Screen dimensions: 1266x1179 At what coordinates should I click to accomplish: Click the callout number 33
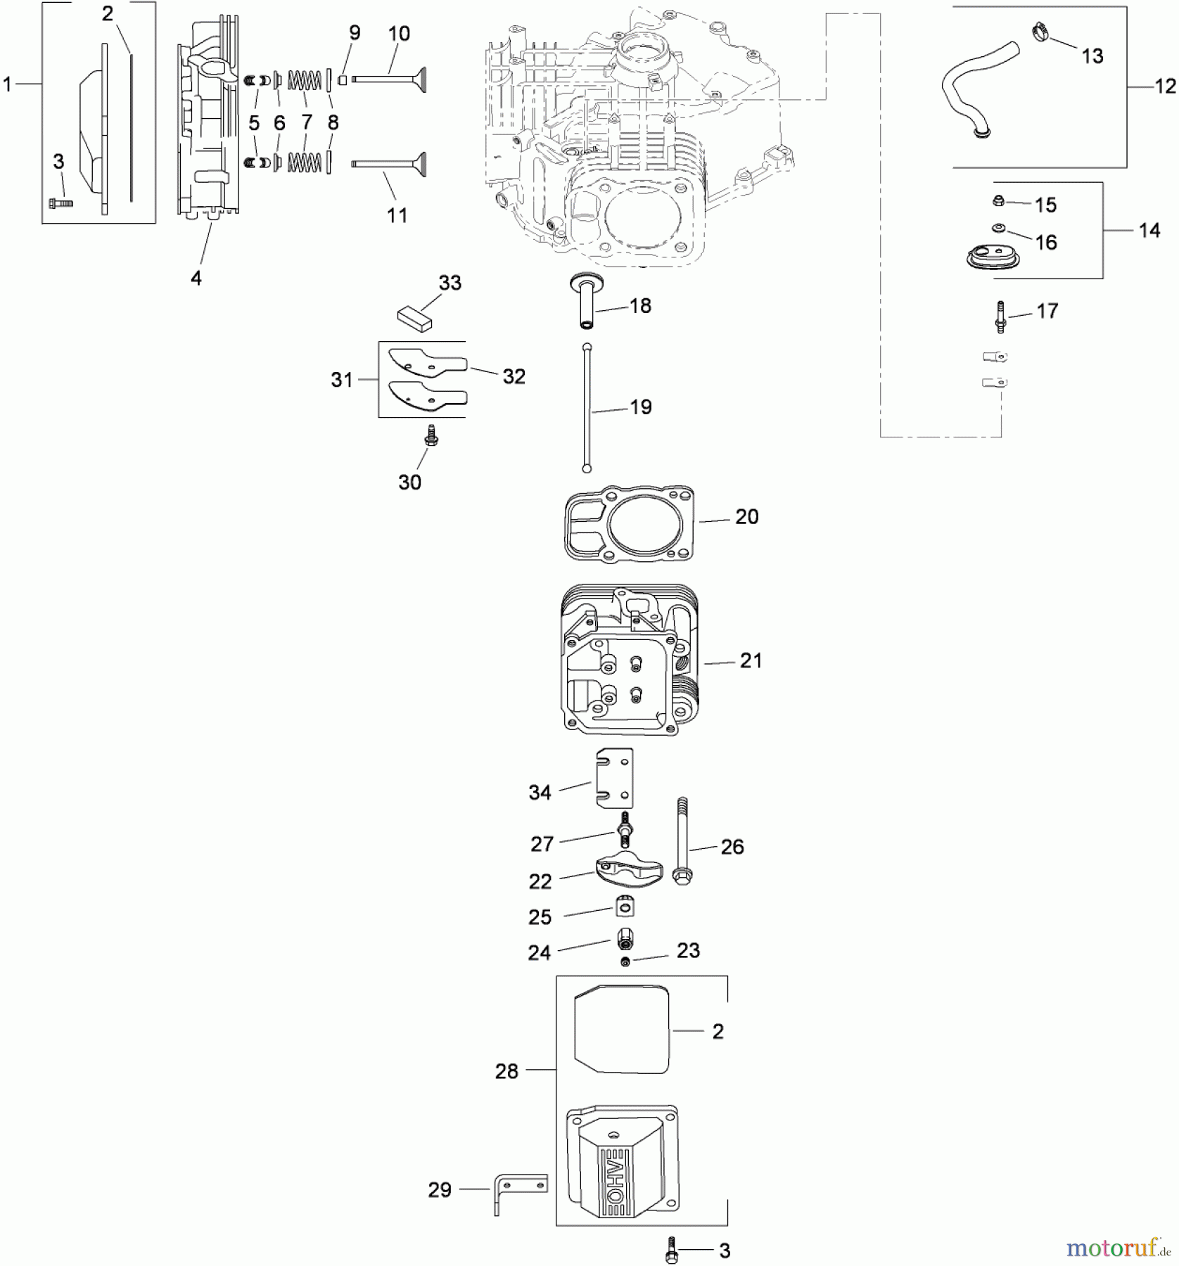pyautogui.click(x=450, y=283)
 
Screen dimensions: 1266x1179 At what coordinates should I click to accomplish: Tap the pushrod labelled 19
pyautogui.click(x=587, y=408)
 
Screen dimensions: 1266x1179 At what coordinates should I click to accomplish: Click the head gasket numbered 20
pyautogui.click(x=629, y=523)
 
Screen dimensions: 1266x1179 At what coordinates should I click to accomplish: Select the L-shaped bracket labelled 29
pyautogui.click(x=517, y=1191)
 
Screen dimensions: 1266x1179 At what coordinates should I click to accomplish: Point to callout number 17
pyautogui.click(x=1047, y=311)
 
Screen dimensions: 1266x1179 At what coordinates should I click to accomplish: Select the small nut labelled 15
pyautogui.click(x=998, y=203)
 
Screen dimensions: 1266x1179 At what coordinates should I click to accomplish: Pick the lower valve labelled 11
pyautogui.click(x=390, y=163)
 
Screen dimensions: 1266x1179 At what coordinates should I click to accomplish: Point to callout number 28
pyautogui.click(x=506, y=1071)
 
